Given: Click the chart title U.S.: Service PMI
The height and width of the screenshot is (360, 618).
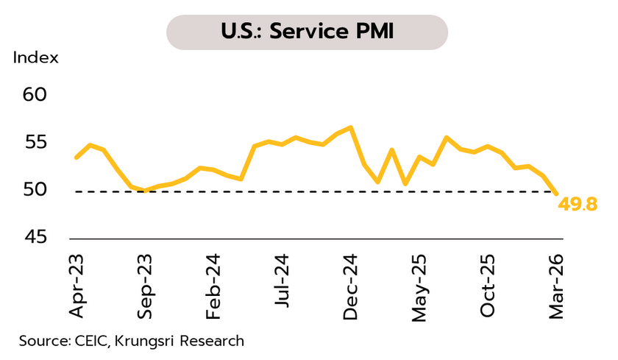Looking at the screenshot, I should point(307,33).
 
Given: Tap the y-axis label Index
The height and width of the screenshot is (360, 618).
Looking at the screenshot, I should point(35,58).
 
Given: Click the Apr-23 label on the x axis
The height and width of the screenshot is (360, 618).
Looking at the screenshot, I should point(77,286).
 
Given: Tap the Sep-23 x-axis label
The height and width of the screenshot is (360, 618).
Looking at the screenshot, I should point(145,286).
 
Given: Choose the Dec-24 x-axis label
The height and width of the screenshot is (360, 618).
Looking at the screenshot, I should point(351,286).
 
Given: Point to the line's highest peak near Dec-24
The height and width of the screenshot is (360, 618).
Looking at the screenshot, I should point(351,127).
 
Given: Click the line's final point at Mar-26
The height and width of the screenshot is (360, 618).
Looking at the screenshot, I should point(556,193).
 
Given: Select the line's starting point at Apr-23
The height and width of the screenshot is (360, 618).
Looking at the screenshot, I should point(77,158).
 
